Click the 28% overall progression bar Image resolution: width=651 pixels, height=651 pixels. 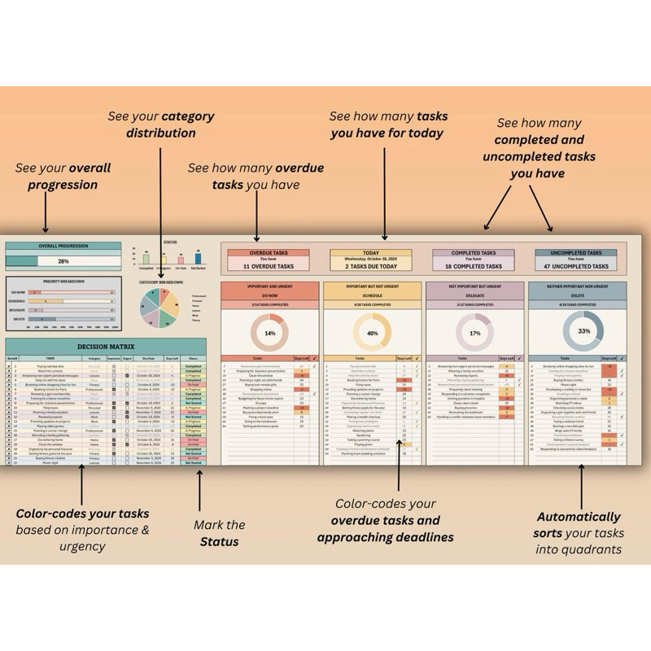coord(63,261)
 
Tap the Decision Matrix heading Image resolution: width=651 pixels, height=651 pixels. coord(105,346)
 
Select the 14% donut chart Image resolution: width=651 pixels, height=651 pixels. coord(269,333)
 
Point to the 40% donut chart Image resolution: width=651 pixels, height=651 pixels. coord(373,333)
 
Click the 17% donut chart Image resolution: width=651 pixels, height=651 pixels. coord(474,333)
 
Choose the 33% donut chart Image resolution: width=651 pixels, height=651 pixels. coord(583,331)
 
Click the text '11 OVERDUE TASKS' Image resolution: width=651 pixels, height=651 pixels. coord(269,266)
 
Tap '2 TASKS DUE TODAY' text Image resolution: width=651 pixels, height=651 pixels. coord(372,266)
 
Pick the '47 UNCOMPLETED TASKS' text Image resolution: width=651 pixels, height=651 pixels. coord(576,266)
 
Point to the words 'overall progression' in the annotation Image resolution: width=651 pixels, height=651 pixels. coord(62,177)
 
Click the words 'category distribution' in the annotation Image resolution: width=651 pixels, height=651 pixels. coord(161,125)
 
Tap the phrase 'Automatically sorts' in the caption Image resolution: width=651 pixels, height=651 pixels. coord(577,525)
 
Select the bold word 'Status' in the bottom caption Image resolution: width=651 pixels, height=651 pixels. coord(220,541)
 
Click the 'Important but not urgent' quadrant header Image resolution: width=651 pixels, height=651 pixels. coord(372,286)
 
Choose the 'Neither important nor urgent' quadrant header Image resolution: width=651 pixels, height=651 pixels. coord(576,286)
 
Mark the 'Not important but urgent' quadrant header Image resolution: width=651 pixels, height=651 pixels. coord(474,286)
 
